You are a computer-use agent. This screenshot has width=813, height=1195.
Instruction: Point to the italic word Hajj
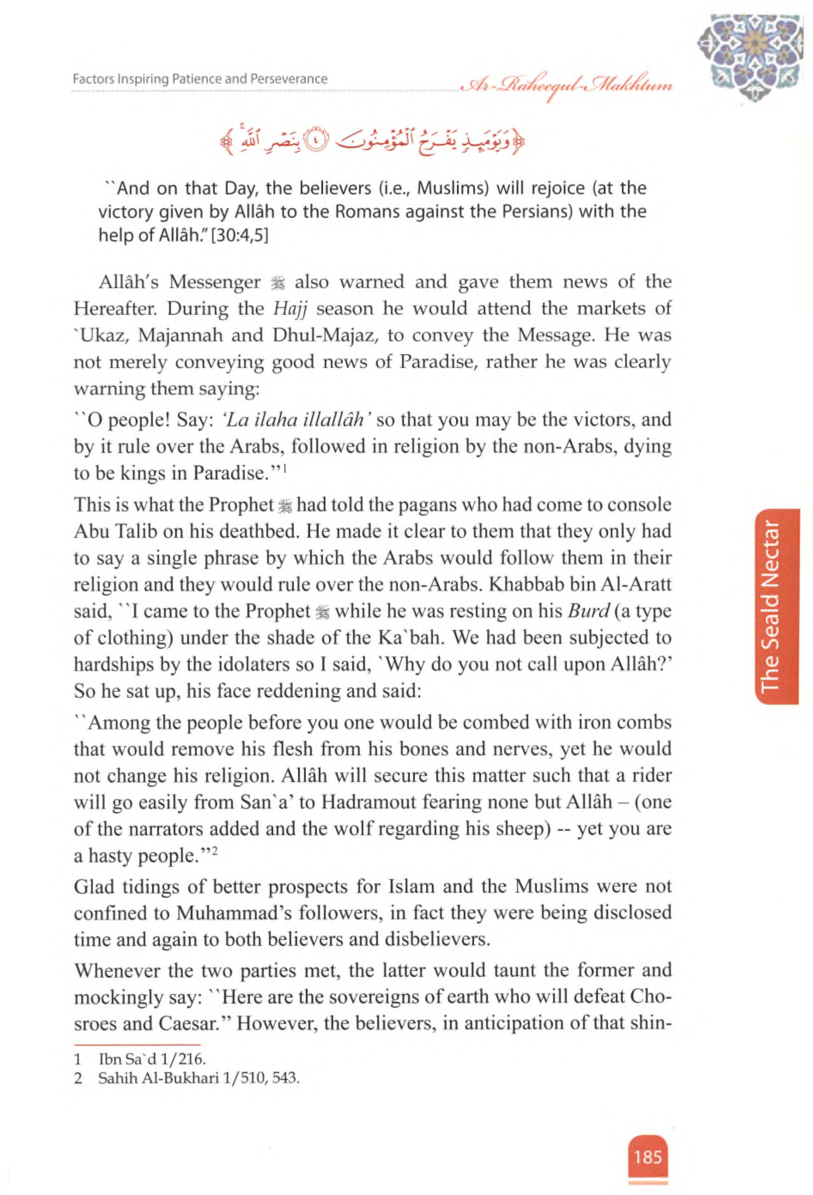coord(289,309)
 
